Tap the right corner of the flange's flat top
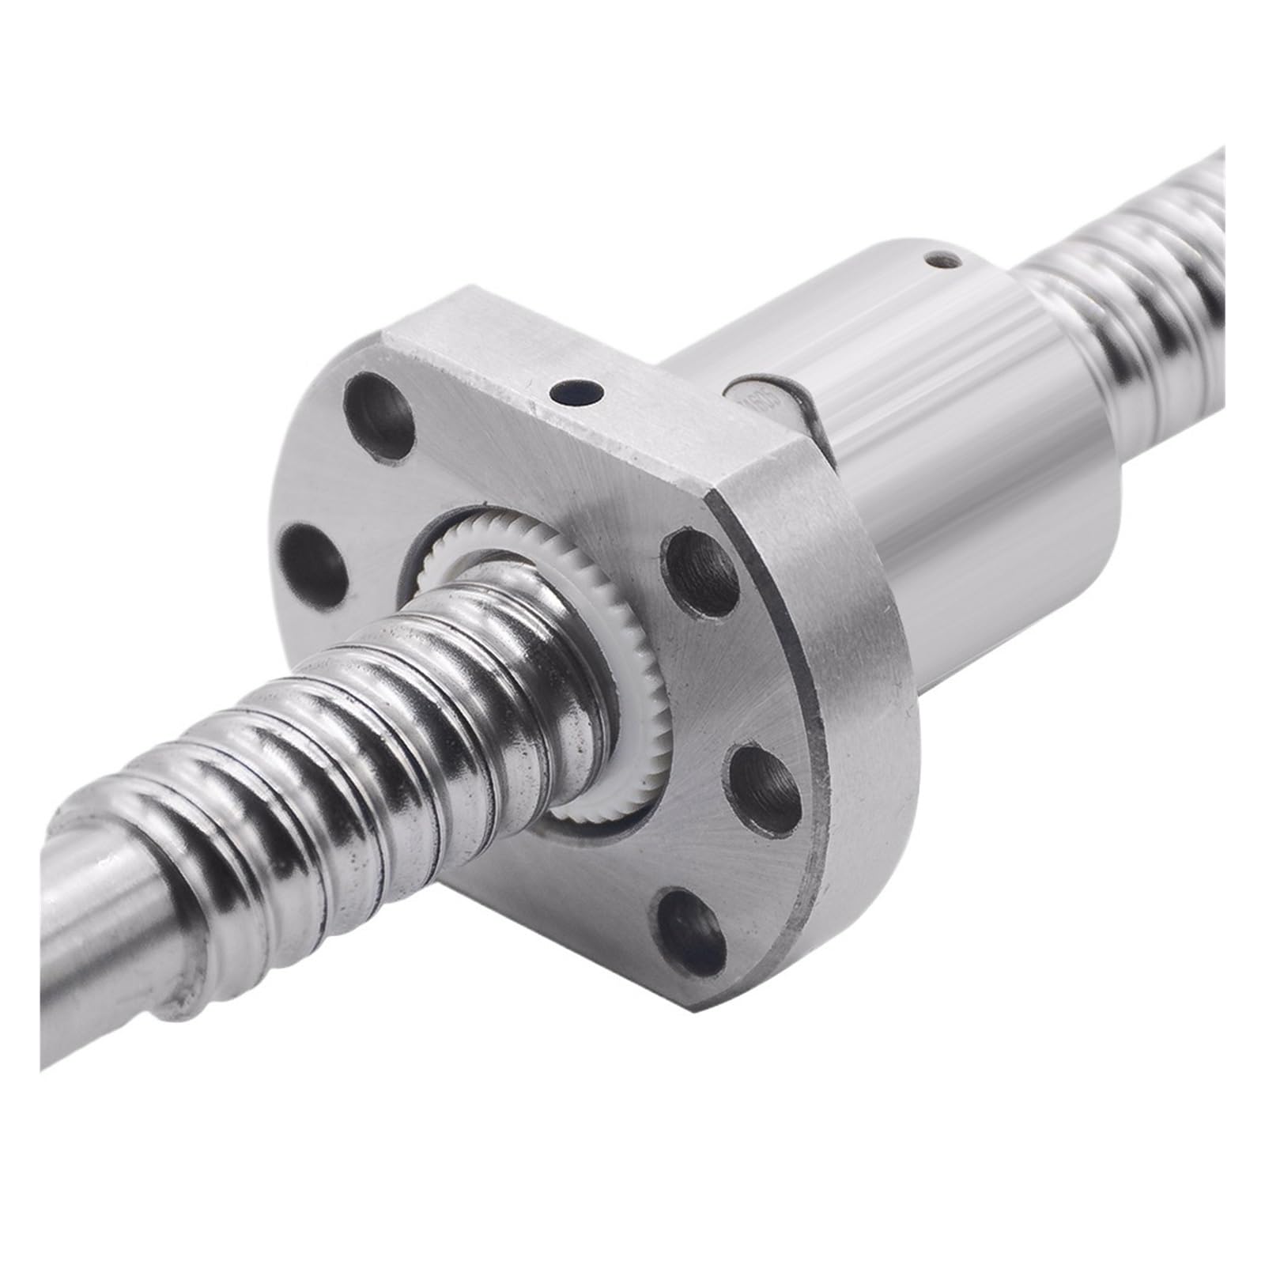[x=723, y=506]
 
